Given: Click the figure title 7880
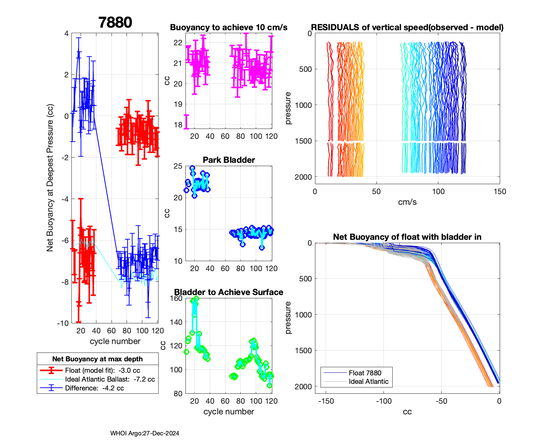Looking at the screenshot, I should point(115,22).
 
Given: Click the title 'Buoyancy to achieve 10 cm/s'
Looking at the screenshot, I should point(229,28).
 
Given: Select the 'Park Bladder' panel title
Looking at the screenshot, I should point(229,160).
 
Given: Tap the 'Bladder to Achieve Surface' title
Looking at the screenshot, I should point(229,292).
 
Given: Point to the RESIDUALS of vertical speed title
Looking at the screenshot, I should point(407,28).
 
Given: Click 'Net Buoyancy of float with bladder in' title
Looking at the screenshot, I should point(407,237).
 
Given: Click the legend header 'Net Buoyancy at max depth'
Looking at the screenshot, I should point(98,359).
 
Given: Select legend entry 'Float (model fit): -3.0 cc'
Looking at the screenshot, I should point(102,370).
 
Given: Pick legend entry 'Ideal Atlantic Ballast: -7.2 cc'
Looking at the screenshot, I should point(110,379).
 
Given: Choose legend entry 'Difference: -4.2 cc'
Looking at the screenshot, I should point(94,388).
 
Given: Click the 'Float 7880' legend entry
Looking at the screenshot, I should point(365,373).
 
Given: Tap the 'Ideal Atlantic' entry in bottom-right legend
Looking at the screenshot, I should point(368,382).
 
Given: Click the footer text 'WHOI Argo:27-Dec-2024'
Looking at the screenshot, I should point(145,433).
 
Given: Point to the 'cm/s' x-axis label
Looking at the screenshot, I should point(407,202).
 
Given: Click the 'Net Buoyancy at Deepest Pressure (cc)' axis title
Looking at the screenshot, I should point(50,178).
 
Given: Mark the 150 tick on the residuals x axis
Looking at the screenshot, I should point(499,192).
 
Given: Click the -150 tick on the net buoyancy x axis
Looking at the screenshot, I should point(326,401).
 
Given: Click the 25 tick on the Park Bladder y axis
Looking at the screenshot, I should point(178,166).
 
